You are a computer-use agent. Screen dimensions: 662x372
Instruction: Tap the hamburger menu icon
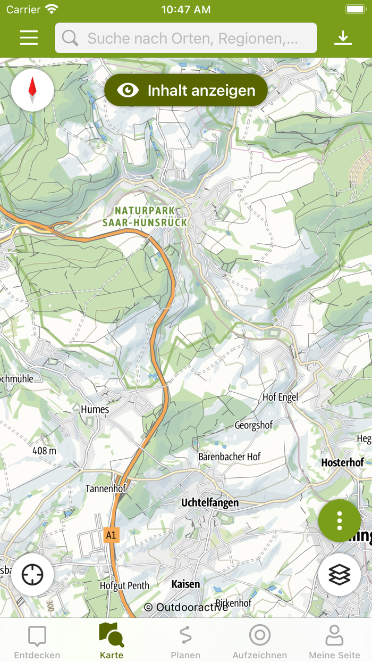click(x=29, y=37)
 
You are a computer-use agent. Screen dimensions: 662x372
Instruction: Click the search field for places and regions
click(x=186, y=38)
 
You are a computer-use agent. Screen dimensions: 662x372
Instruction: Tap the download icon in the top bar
click(x=343, y=37)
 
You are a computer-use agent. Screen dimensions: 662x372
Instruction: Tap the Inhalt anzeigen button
click(x=186, y=90)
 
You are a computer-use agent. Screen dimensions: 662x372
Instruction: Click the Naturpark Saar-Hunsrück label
click(x=145, y=217)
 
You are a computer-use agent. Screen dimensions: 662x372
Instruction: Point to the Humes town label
click(x=95, y=409)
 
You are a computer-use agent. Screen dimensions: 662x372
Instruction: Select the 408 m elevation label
click(x=44, y=451)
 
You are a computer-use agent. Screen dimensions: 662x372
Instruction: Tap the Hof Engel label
click(x=280, y=397)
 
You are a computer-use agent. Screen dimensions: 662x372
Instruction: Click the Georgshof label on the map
click(x=253, y=425)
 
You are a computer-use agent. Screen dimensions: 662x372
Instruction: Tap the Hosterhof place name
click(x=343, y=462)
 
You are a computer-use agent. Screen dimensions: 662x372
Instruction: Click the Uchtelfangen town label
click(x=210, y=502)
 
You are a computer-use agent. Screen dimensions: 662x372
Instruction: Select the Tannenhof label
click(x=105, y=489)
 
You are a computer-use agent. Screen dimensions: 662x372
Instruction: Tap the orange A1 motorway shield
click(x=111, y=535)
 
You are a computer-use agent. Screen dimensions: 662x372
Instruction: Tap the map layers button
click(x=340, y=575)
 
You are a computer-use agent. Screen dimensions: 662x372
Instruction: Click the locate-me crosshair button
click(x=32, y=575)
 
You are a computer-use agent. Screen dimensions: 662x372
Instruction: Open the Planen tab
click(x=185, y=641)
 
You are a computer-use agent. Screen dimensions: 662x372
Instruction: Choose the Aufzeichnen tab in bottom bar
click(x=260, y=641)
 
